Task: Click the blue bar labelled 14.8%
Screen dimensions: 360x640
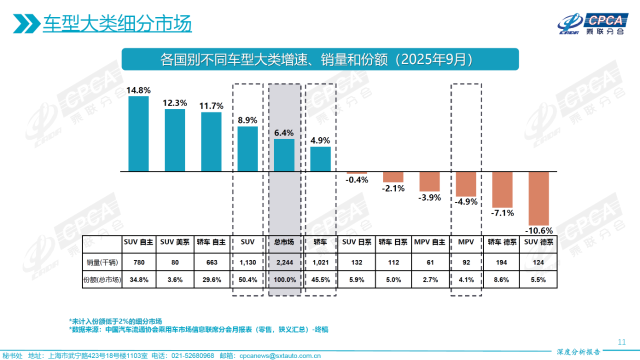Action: coord(138,134)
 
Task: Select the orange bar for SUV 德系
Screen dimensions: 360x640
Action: coord(539,198)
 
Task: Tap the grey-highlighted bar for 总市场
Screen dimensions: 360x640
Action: coord(284,155)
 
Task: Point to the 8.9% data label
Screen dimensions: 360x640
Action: coord(247,120)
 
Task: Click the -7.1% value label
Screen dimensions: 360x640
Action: coord(502,213)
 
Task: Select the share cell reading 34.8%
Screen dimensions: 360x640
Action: coord(138,280)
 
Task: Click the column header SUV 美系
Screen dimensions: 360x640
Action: coord(174,242)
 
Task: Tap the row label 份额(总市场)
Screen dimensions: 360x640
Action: coord(102,280)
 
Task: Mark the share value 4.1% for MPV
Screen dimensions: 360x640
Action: coord(466,280)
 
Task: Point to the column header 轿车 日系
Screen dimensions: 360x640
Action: coord(393,242)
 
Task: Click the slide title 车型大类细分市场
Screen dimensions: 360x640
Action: coord(117,23)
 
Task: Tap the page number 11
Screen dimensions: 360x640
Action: coord(622,342)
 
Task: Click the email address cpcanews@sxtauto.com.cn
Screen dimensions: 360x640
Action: coord(280,355)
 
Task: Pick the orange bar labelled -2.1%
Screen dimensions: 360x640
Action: coord(393,177)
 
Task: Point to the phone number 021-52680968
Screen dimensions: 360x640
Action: coord(192,355)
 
